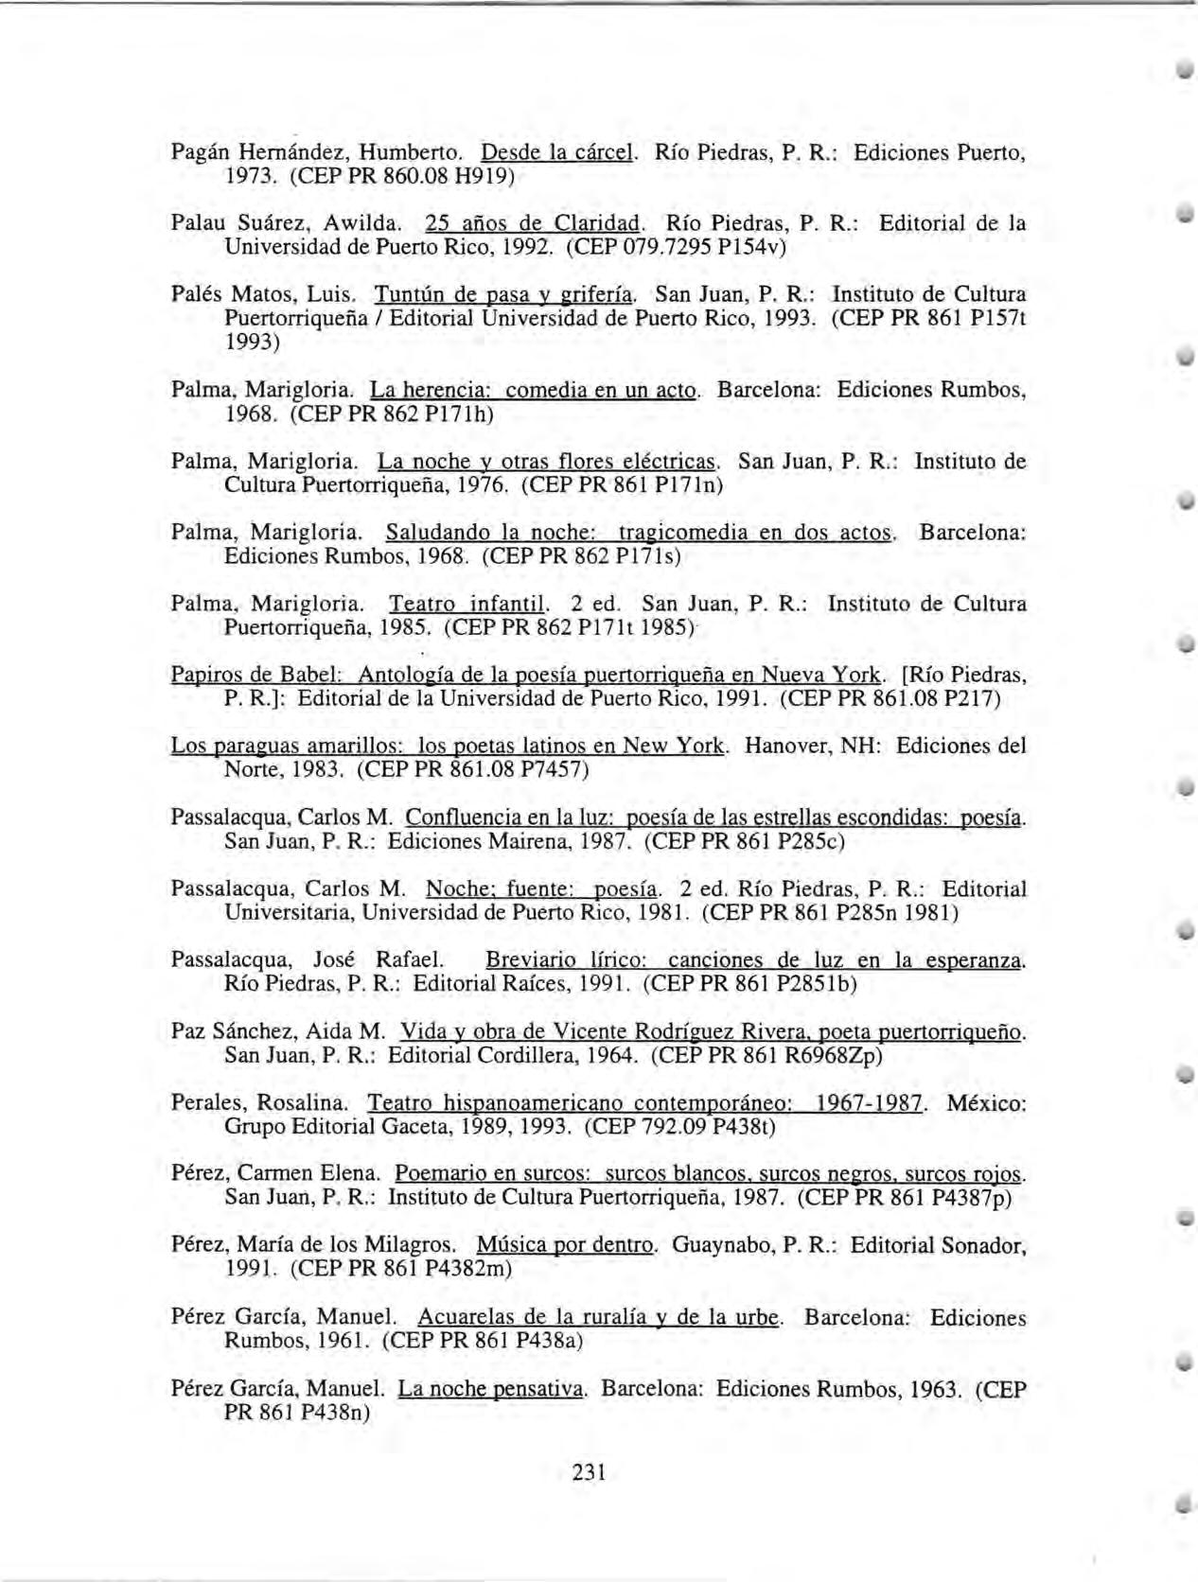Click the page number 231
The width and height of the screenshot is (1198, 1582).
click(x=588, y=1472)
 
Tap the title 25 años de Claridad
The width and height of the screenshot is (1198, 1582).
click(x=534, y=224)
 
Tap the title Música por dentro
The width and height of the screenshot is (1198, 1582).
click(x=565, y=1245)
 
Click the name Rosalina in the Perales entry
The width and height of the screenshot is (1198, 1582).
click(x=305, y=1103)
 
